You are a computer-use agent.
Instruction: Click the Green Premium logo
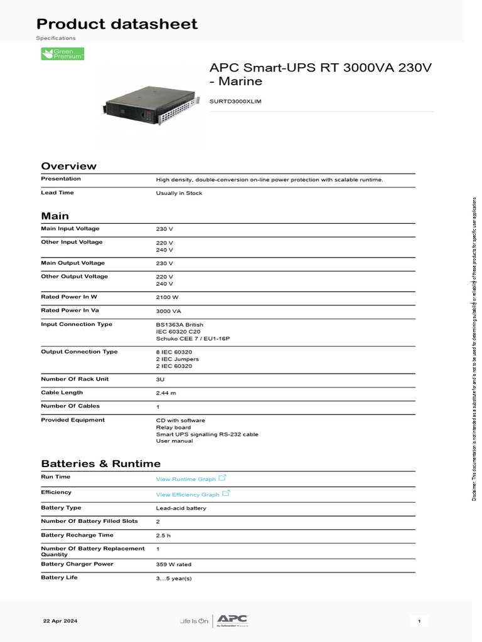63,54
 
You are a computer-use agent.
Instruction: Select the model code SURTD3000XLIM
235,100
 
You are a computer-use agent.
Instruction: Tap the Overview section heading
69,166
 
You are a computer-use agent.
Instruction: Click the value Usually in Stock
179,193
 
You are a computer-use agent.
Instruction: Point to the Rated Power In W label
69,297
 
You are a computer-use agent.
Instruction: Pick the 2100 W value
167,297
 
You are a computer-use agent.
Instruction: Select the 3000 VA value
168,311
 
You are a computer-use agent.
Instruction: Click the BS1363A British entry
179,325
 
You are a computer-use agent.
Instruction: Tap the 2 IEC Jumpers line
177,359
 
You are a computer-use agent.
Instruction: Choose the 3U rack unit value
160,380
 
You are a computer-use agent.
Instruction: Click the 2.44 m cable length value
166,393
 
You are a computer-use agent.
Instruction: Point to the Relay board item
173,428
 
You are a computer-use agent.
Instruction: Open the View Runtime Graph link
186,479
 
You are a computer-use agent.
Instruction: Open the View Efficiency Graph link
188,495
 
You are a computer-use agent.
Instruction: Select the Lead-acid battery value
181,508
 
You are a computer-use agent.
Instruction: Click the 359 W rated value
174,565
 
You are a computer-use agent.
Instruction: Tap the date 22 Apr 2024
60,621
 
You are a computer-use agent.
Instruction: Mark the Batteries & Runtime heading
101,464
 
